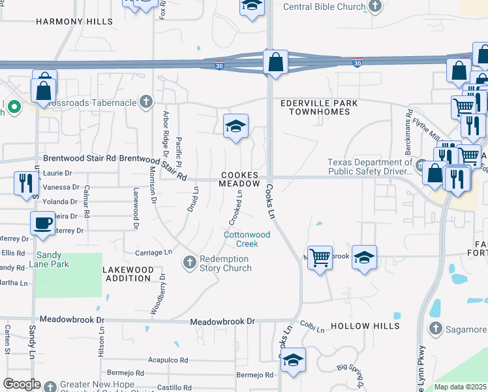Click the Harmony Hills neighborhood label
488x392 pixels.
tap(74, 22)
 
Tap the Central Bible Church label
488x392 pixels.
tap(324, 7)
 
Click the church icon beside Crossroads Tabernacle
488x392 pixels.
tap(145, 102)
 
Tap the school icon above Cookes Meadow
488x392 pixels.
tap(236, 125)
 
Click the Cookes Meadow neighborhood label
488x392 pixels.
tap(239, 180)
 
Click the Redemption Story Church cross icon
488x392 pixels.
tap(189, 262)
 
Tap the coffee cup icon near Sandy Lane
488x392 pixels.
tap(42, 223)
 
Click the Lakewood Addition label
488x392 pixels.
tap(128, 274)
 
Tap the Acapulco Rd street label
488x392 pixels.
tap(168, 360)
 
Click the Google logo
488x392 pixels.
tap(22, 384)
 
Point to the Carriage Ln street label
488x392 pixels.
tap(153, 252)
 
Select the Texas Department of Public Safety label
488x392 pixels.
tap(369, 167)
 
